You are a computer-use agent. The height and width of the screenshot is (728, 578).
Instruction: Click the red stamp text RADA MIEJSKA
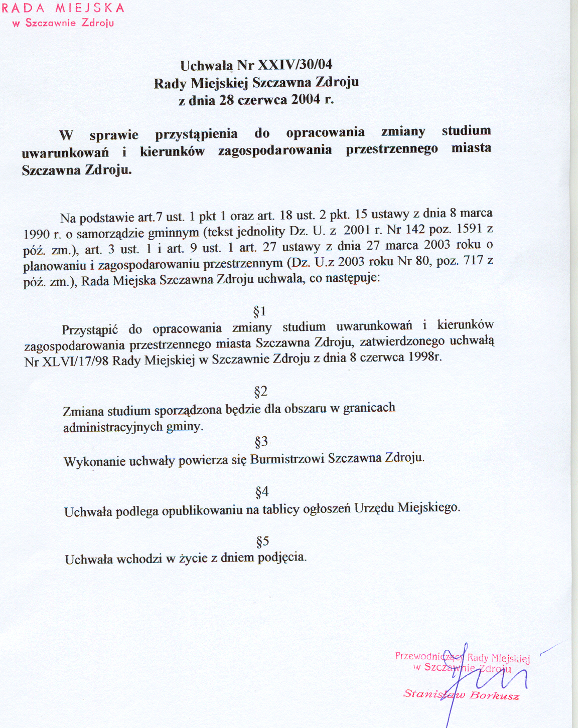coord(63,9)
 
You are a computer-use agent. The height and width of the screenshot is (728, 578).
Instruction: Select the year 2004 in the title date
coord(306,99)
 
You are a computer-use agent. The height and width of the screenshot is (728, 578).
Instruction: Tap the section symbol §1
coord(259,312)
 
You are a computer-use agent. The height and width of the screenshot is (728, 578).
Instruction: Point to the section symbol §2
coord(261,391)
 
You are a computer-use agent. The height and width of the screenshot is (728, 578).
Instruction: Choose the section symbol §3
coord(261,442)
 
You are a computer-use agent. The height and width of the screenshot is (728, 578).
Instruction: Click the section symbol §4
coord(262,492)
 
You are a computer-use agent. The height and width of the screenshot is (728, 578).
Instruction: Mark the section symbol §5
coord(263,541)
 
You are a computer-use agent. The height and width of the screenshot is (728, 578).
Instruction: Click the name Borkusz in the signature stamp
coord(494,695)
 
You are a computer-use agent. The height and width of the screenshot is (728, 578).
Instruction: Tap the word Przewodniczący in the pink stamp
coord(428,656)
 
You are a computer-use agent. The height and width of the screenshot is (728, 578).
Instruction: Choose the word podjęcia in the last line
coord(281,557)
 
